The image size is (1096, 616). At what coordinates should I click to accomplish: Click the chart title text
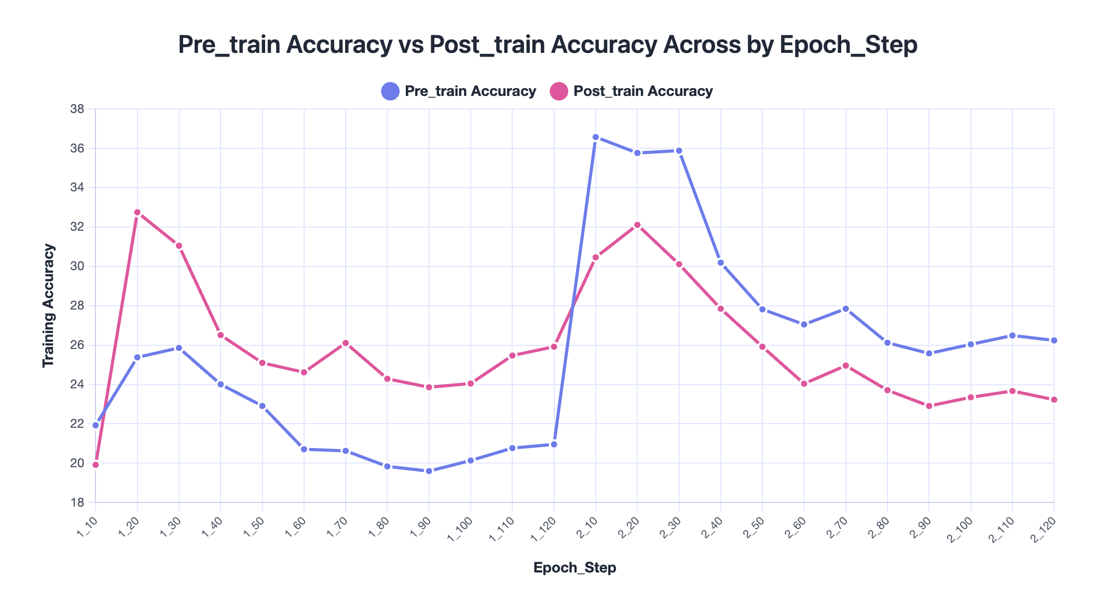click(547, 45)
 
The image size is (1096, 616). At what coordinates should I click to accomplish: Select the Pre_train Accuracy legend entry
click(459, 91)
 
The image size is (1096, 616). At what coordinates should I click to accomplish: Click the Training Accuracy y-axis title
click(49, 305)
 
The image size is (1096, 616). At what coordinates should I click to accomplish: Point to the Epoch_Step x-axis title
click(574, 568)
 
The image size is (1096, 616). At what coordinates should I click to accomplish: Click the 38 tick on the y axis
click(78, 109)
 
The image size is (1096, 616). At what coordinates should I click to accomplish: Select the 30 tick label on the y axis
click(78, 267)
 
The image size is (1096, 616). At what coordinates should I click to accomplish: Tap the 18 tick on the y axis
click(78, 502)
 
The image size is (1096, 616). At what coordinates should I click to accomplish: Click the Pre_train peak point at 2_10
click(596, 137)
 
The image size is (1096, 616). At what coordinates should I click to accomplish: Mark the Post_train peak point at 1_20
click(138, 213)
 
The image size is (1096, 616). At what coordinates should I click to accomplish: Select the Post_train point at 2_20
click(637, 225)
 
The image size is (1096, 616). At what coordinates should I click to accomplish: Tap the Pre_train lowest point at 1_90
click(429, 471)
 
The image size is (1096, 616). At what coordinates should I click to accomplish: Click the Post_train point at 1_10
click(95, 465)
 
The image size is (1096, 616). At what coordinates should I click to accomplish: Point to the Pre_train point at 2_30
click(679, 151)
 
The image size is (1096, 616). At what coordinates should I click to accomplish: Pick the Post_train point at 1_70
click(346, 343)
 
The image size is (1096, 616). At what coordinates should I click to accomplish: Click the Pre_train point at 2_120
click(1054, 341)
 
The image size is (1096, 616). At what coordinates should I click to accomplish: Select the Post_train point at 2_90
click(929, 406)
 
